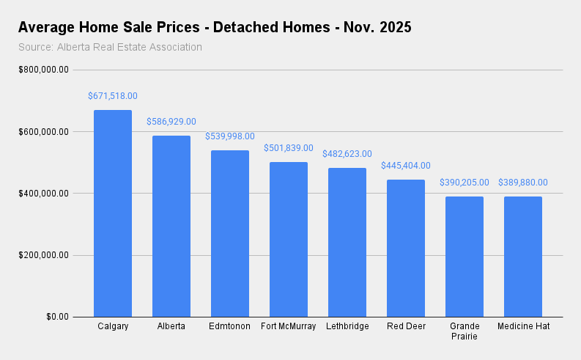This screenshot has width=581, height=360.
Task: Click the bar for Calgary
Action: pos(113,213)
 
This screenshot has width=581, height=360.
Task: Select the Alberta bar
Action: pos(171,226)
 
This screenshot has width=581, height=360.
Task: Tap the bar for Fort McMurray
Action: pos(289,239)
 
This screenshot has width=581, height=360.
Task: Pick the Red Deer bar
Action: pos(406,248)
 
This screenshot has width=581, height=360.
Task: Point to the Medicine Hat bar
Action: pos(523,257)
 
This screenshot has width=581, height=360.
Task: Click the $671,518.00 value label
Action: pos(113,96)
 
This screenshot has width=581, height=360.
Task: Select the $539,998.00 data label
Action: pos(230,136)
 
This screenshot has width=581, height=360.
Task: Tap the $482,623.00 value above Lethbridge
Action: pos(347,154)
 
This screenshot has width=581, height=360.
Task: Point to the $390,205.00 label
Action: pos(465,183)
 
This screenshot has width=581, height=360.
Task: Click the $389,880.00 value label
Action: pos(523,183)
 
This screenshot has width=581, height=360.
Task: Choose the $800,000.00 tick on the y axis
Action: pos(45,70)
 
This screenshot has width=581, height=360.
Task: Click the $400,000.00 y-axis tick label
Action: pos(45,194)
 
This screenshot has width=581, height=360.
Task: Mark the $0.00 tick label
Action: pos(56,317)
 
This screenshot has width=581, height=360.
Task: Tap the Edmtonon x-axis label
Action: pos(230,326)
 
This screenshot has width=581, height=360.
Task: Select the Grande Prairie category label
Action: pos(465,331)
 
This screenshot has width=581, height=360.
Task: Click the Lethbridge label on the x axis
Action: pos(347,326)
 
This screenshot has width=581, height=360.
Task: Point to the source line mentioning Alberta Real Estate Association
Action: pos(110,48)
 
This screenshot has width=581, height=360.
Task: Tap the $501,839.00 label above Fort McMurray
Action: pos(289,148)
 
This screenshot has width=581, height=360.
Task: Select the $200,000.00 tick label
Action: pos(45,255)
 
